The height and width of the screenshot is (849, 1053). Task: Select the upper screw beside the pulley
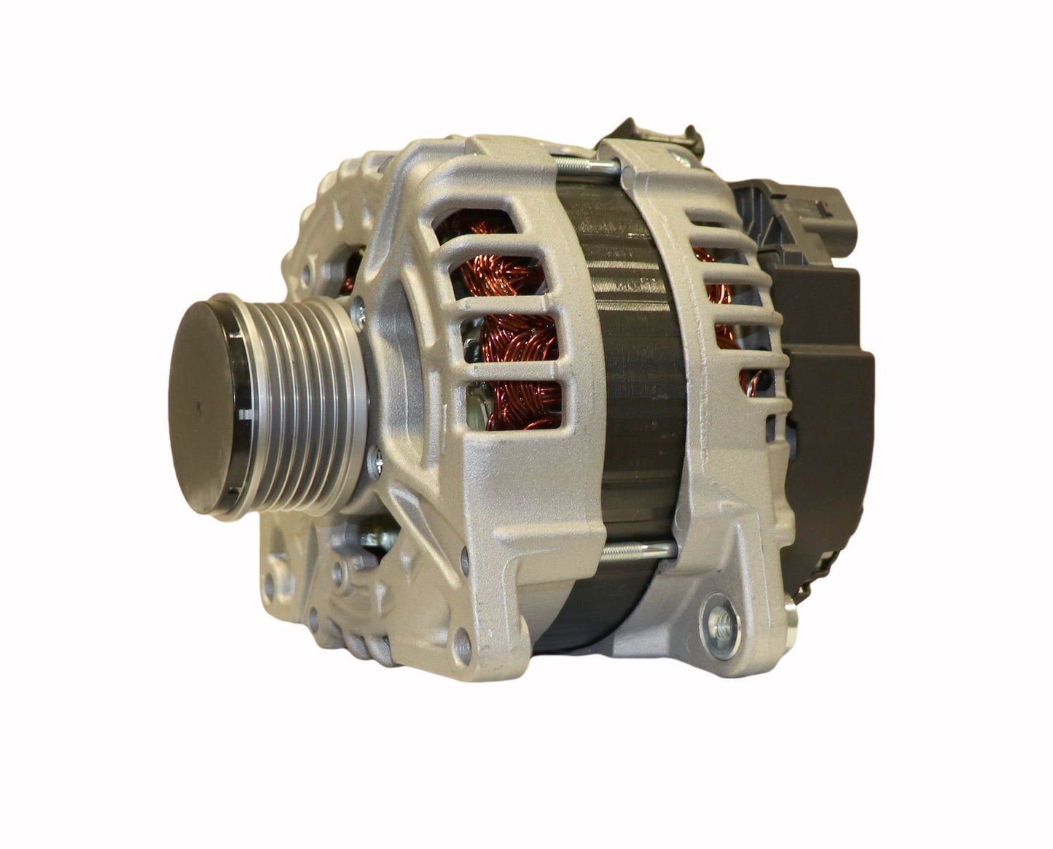click(x=357, y=311)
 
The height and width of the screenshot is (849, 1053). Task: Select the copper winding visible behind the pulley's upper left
click(x=348, y=274)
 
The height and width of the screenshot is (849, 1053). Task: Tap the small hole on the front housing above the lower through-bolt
click(x=466, y=558)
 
